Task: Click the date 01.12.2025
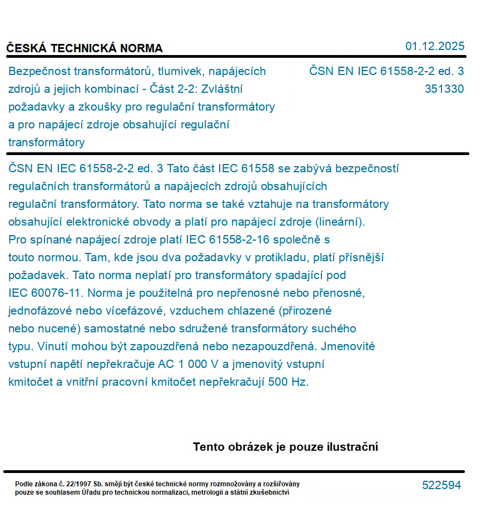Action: click(x=434, y=46)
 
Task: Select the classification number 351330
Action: click(x=444, y=89)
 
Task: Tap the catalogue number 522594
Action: click(x=442, y=485)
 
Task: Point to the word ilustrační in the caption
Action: click(x=352, y=447)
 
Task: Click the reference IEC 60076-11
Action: click(x=45, y=292)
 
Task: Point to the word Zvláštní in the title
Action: click(x=224, y=89)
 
